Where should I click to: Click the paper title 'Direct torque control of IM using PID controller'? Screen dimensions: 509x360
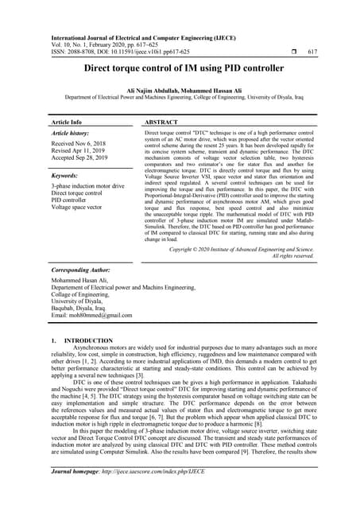(x=180, y=69)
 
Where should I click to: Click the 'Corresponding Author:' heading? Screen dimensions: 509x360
(x=83, y=270)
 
